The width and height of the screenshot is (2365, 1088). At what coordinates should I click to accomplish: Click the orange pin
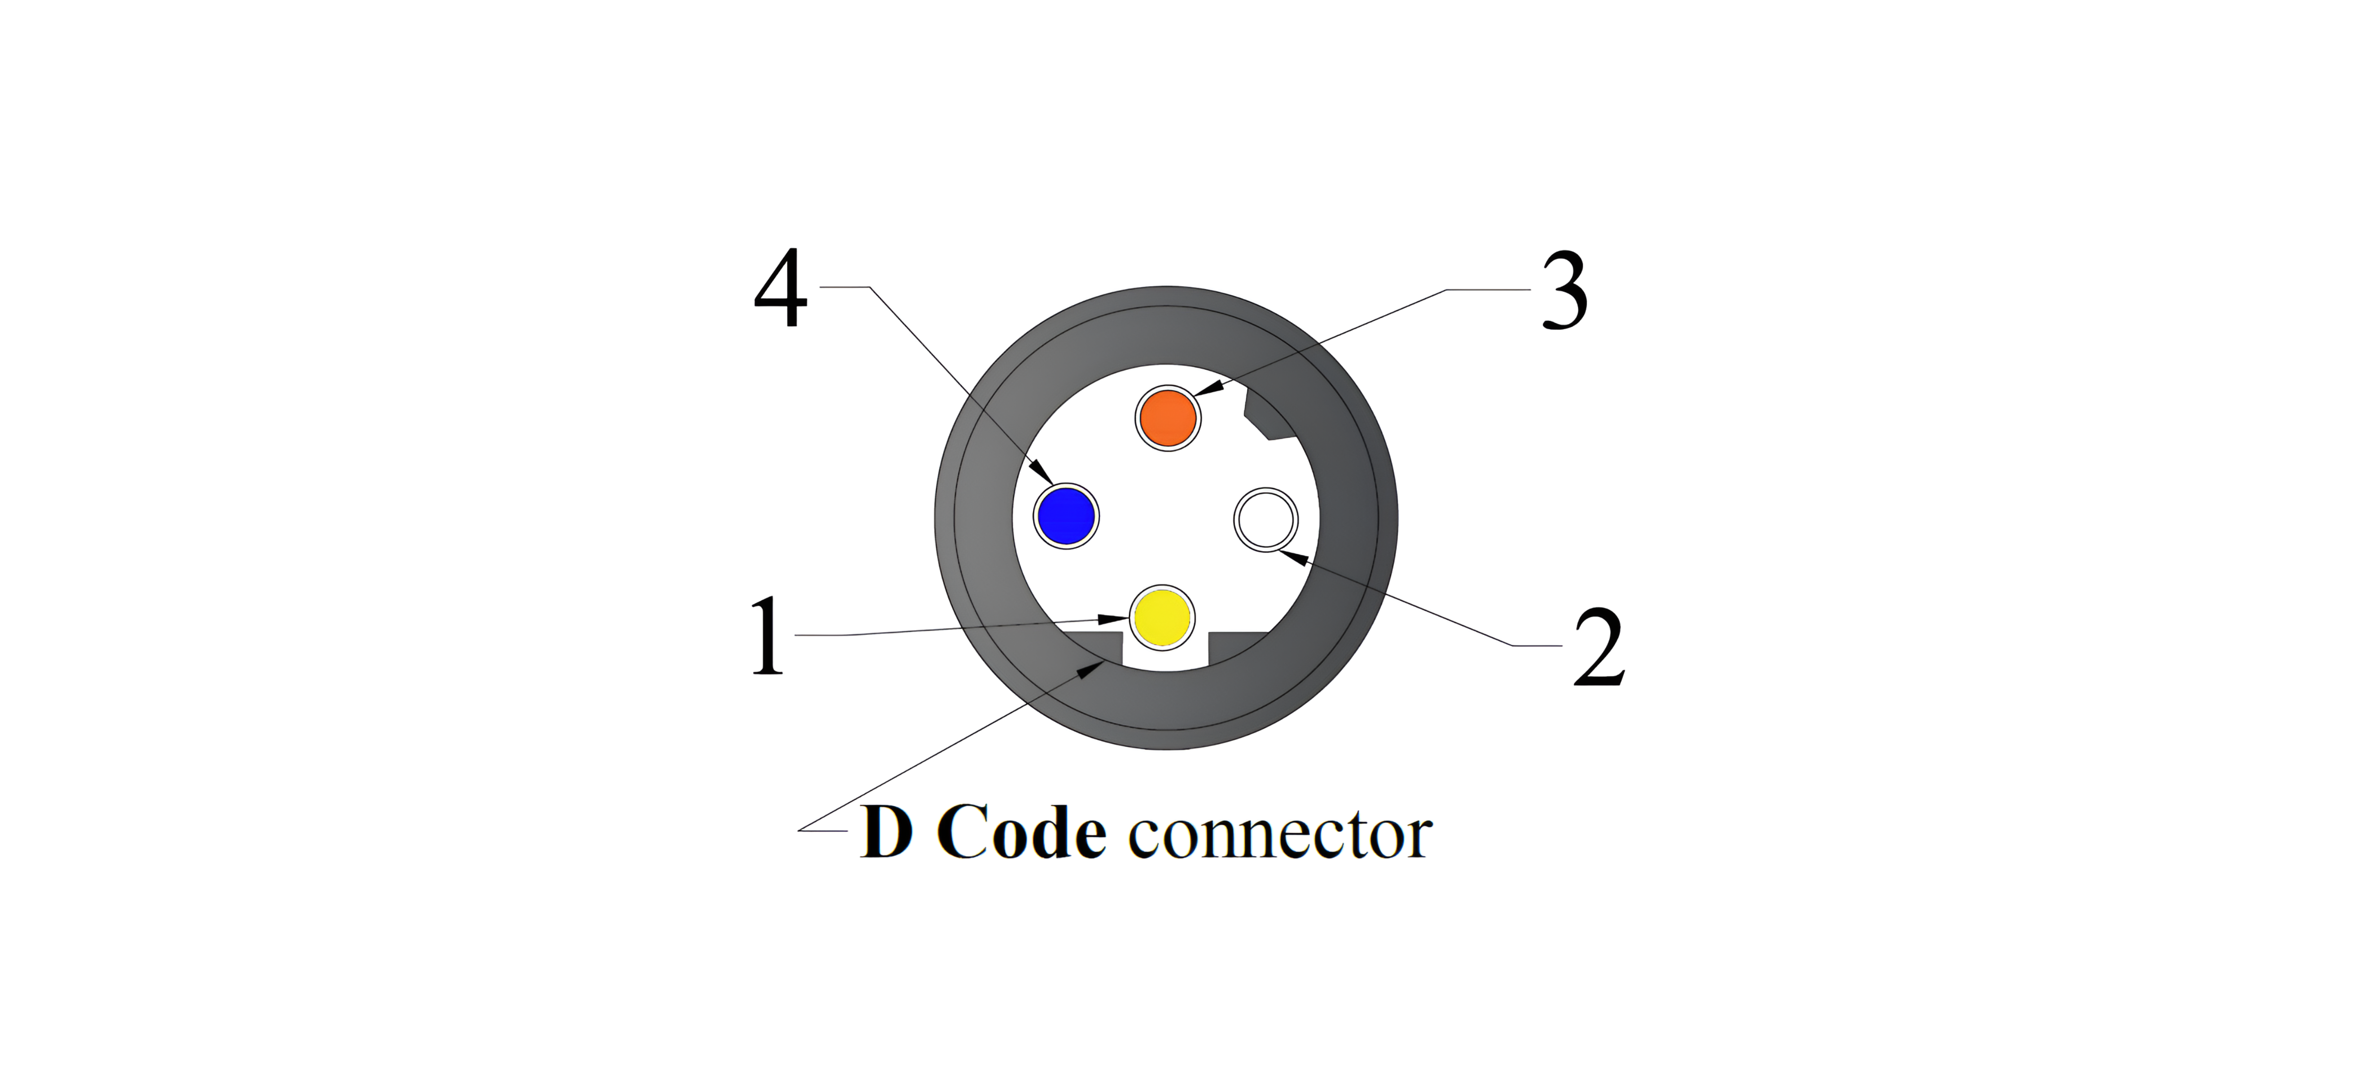[x=1167, y=418]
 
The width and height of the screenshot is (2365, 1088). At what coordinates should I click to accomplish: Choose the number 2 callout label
[x=1598, y=648]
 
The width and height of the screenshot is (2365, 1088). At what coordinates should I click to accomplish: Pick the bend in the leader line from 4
[x=868, y=288]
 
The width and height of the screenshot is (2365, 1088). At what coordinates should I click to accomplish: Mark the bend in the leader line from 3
[x=1448, y=290]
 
